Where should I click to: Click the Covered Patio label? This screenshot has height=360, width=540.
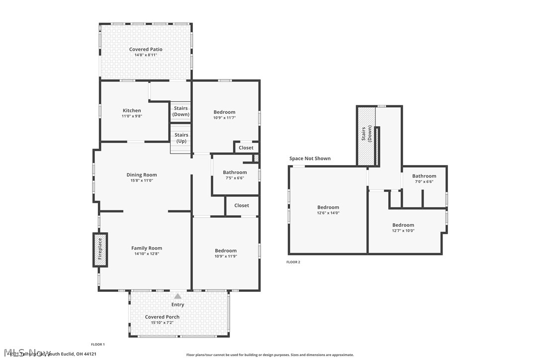[146, 49]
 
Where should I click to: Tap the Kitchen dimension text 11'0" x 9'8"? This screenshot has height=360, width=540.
[132, 116]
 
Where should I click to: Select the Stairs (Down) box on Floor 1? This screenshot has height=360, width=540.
[181, 111]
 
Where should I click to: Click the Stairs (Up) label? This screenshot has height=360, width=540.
[181, 138]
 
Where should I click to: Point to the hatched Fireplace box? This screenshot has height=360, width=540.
[100, 249]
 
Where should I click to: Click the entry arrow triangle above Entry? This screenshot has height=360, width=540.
[178, 296]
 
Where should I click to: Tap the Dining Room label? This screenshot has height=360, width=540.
[142, 175]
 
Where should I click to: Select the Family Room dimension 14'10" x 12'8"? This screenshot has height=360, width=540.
[147, 254]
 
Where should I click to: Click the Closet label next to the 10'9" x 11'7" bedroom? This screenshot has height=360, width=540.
[246, 148]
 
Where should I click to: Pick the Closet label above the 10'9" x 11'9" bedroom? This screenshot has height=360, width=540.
[242, 205]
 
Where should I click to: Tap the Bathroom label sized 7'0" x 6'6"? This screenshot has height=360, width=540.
[424, 176]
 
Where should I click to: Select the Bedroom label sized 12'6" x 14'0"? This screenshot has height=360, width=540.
[328, 207]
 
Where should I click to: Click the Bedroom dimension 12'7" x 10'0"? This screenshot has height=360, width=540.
[403, 231]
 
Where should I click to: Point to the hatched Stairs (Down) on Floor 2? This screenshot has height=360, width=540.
[365, 136]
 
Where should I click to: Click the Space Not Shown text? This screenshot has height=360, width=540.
[310, 159]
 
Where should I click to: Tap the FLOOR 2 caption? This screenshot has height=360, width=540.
[293, 262]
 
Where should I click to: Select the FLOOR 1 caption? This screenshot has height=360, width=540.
[97, 344]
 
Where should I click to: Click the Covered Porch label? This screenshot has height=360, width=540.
[162, 317]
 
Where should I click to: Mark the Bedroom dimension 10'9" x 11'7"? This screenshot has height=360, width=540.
[224, 117]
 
